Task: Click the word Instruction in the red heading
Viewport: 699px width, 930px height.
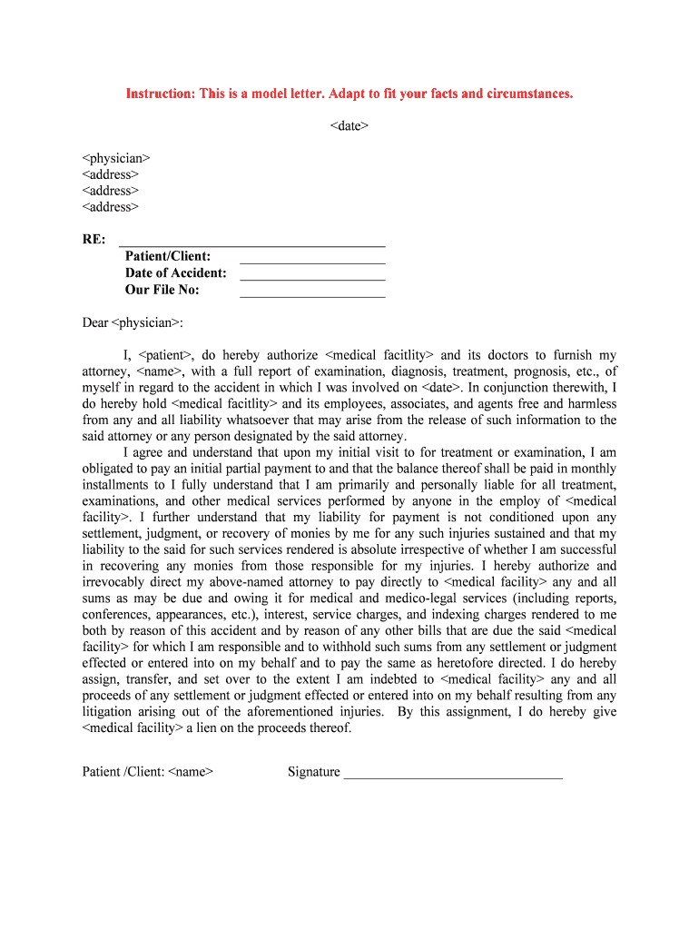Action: pyautogui.click(x=159, y=94)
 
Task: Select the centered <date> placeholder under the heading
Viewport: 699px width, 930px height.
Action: pyautogui.click(x=349, y=125)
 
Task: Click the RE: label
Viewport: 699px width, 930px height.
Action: pyautogui.click(x=94, y=240)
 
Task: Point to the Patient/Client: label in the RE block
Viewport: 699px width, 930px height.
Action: pyautogui.click(x=168, y=257)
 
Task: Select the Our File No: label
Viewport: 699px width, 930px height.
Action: pyautogui.click(x=162, y=291)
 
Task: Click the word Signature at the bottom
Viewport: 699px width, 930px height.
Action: pyautogui.click(x=314, y=773)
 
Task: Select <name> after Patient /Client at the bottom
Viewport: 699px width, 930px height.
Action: pyautogui.click(x=191, y=773)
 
